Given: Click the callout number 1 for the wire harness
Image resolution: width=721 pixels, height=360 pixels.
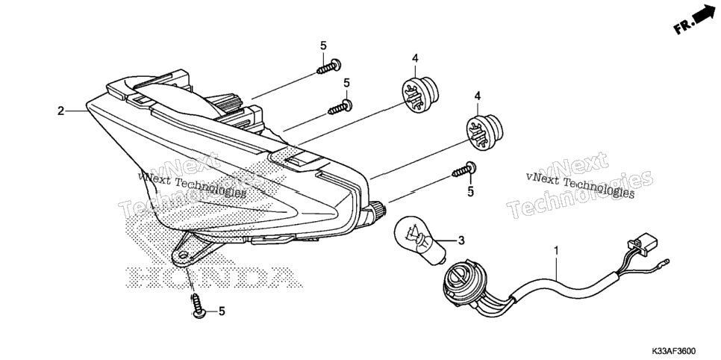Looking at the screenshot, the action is click(556, 252).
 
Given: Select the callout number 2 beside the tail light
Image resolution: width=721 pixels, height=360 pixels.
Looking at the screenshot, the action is click(60, 111).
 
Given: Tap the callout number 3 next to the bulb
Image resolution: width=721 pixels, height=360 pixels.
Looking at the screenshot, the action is click(461, 240).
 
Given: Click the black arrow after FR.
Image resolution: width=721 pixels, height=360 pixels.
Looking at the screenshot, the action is click(702, 15).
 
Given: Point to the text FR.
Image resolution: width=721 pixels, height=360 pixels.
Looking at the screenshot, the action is click(682, 27).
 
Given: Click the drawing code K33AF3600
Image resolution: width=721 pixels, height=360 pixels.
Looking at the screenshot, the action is click(673, 351).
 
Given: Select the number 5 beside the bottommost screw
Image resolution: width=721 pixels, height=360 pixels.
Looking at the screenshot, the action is click(222, 311).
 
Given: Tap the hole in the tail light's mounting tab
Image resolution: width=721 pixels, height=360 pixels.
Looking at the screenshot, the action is click(184, 255).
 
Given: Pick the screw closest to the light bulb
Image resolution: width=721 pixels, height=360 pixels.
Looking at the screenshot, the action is click(463, 170).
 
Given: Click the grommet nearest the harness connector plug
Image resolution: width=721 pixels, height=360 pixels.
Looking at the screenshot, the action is click(484, 132).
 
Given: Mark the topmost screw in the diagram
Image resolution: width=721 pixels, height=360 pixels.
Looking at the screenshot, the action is click(328, 66).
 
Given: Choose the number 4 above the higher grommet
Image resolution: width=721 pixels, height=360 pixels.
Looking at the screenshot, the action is click(415, 58).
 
